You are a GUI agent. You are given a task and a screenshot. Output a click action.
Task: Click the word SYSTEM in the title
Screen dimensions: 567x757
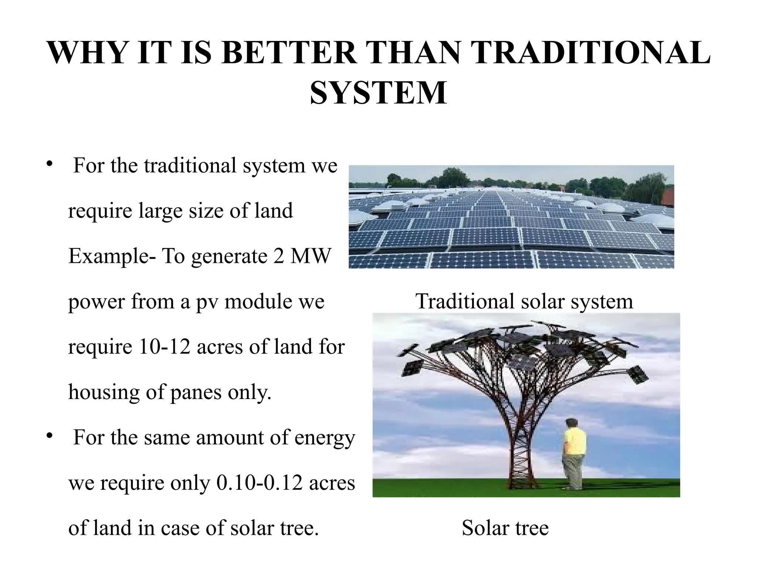(x=378, y=93)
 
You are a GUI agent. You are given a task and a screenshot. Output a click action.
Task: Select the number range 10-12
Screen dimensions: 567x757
(x=165, y=347)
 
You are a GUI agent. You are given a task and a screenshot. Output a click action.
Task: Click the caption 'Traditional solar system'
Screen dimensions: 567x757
(x=524, y=301)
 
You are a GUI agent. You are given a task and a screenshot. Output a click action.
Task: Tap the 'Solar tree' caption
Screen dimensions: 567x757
(x=505, y=528)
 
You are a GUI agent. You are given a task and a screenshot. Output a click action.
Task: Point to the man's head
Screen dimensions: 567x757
(x=572, y=424)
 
